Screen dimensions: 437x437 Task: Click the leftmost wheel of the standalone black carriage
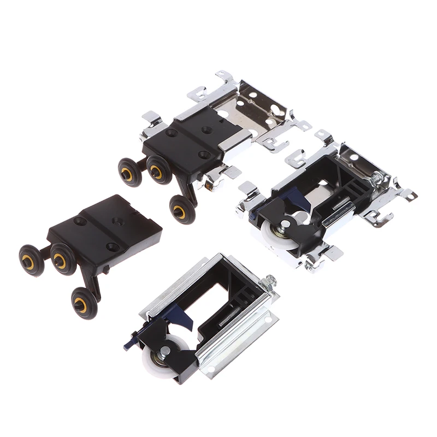[31, 261]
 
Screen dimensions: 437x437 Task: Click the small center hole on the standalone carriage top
[117, 220]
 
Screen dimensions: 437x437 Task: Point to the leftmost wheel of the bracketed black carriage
[129, 172]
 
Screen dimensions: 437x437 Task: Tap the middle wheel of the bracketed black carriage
[158, 170]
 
